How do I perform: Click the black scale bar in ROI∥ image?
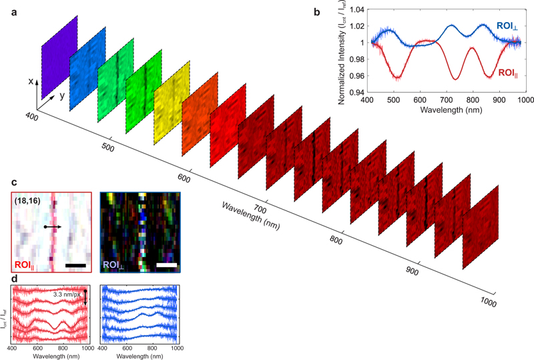point(76,265)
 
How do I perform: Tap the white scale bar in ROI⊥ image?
point(167,265)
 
